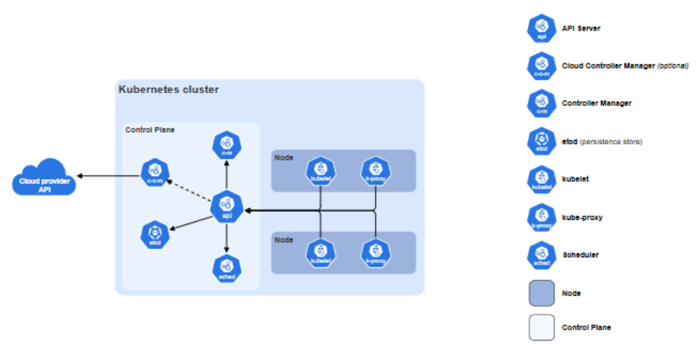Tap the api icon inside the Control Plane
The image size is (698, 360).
[227, 206]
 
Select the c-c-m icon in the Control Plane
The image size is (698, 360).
[155, 174]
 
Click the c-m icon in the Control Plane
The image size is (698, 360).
[227, 145]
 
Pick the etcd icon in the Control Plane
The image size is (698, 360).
[155, 235]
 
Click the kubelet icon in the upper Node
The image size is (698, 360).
[320, 171]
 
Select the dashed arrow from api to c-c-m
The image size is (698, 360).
[192, 190]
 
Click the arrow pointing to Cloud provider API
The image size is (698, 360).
[109, 176]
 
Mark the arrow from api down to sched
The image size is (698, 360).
[227, 237]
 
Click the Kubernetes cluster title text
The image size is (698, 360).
[169, 89]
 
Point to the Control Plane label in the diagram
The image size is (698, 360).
[150, 130]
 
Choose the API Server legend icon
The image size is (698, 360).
[541, 28]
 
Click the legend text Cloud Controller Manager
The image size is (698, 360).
[607, 66]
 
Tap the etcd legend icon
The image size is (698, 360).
[541, 142]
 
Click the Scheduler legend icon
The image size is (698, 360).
[541, 255]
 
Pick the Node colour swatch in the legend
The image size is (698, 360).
[541, 293]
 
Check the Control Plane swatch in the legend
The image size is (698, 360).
[541, 327]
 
